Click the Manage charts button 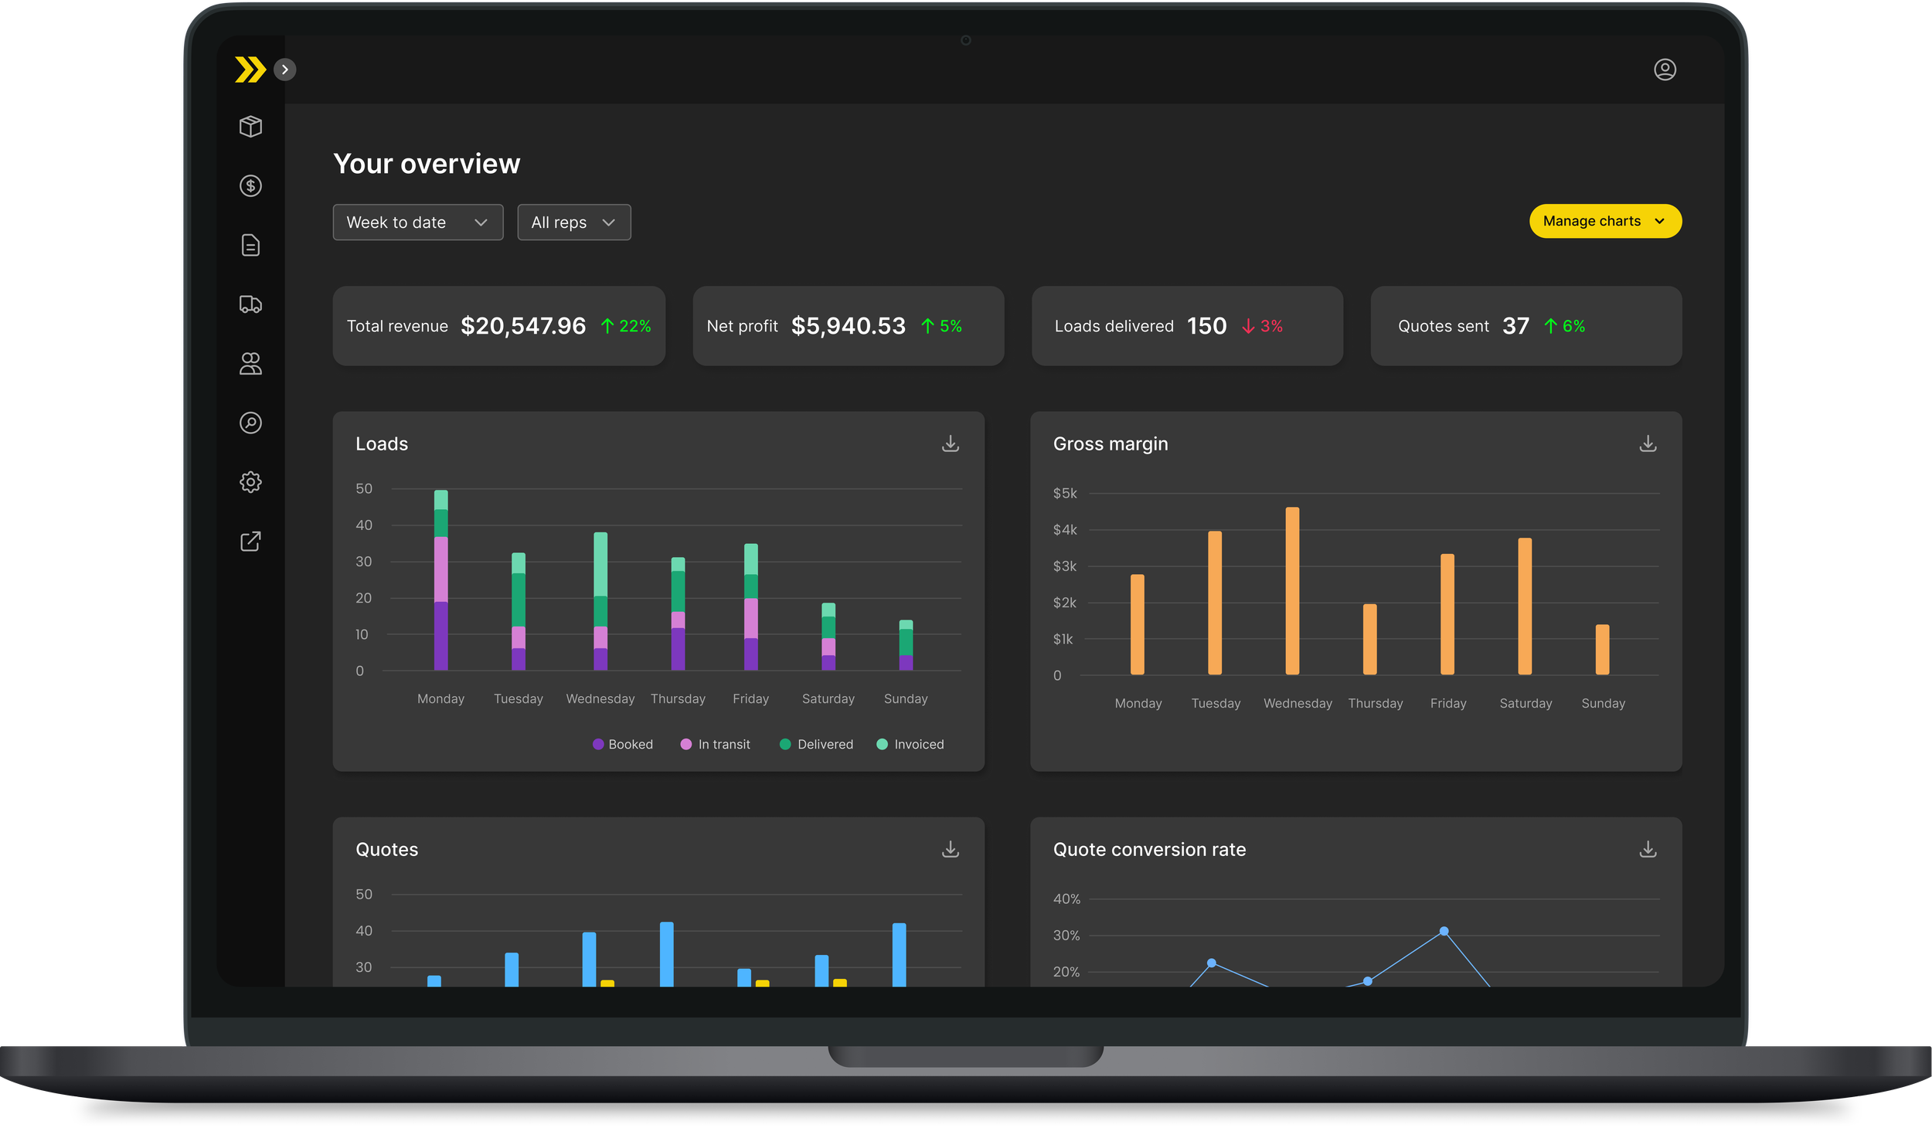coord(1605,221)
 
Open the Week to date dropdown coord(417,223)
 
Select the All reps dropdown coord(573,223)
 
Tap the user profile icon coord(1665,70)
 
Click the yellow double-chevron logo coord(250,70)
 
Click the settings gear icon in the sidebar coord(250,482)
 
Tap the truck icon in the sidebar coord(250,304)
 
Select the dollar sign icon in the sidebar coord(250,185)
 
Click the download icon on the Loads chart coord(951,443)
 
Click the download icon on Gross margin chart coord(1648,443)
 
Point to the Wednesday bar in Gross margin coord(1292,591)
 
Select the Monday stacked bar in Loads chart coord(440,580)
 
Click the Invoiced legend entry coord(910,744)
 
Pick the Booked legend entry coord(623,744)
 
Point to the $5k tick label coord(1065,493)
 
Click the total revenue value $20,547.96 coord(523,326)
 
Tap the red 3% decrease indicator coord(1262,326)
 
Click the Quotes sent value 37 coord(1515,326)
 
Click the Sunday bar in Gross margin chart coord(1603,650)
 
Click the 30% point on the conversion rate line coord(1444,931)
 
